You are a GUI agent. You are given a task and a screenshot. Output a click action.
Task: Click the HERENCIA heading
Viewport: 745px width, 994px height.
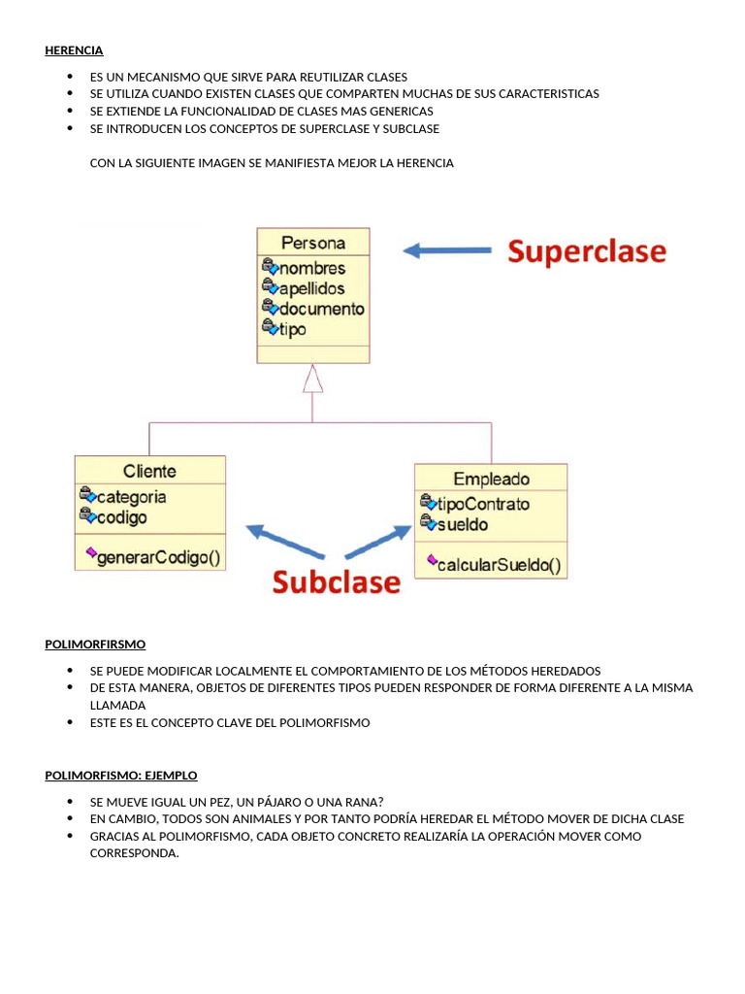74,50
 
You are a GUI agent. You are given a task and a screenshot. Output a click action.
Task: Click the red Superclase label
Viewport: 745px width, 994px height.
587,251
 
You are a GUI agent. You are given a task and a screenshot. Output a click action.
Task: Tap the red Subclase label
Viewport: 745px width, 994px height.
336,581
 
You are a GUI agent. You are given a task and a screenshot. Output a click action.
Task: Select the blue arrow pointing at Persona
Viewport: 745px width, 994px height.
447,250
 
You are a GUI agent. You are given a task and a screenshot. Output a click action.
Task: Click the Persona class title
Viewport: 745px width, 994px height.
312,243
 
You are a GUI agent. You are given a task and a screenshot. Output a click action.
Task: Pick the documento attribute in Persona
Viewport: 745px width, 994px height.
320,309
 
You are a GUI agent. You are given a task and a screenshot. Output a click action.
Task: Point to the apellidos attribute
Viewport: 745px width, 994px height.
310,288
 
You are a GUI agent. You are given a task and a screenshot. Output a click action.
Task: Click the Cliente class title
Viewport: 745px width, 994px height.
149,471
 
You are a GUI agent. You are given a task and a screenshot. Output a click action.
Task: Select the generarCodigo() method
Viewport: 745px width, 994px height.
158,557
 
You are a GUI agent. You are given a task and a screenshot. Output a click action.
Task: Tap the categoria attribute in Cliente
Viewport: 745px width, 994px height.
131,497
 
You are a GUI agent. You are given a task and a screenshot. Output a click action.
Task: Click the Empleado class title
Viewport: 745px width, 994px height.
491,479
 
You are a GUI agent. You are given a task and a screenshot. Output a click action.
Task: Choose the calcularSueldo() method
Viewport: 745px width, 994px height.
498,565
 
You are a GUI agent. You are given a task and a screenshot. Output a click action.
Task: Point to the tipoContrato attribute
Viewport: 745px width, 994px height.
482,504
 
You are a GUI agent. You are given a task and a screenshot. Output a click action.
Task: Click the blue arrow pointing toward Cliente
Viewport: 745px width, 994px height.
282,541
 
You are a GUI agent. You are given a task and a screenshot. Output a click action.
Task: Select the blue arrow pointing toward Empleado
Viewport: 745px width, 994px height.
379,542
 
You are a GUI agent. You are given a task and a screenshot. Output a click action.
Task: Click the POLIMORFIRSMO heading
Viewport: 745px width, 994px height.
95,644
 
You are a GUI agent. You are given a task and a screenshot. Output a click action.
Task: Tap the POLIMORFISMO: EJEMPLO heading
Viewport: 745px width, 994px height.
121,775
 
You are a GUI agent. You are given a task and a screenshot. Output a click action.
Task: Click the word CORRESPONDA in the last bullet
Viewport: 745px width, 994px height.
134,853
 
